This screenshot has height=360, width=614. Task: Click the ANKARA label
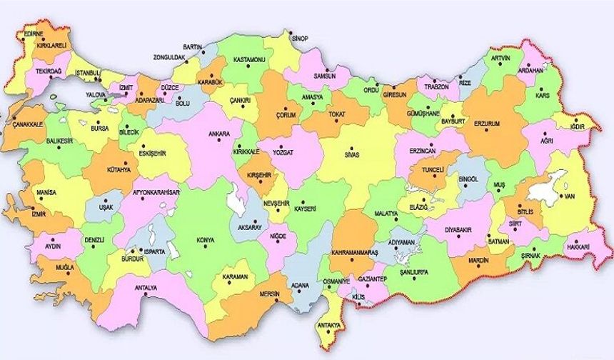click(218, 134)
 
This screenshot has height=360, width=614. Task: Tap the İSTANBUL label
click(89, 73)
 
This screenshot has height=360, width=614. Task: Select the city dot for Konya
click(208, 247)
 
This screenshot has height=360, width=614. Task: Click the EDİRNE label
click(33, 34)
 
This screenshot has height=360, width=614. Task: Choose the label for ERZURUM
click(486, 123)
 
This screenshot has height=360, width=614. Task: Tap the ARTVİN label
click(502, 56)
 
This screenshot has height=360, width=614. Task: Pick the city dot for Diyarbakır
click(456, 221)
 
